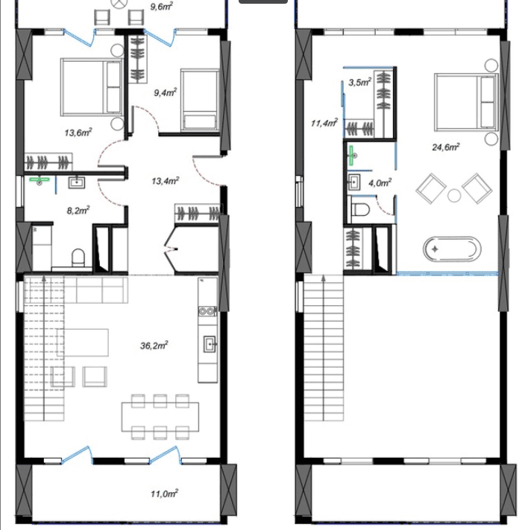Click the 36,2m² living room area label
pyautogui.click(x=154, y=345)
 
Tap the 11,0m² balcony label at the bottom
pyautogui.click(x=163, y=493)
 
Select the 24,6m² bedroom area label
pyautogui.click(x=445, y=147)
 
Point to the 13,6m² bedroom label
pyautogui.click(x=78, y=132)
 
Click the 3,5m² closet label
pyautogui.click(x=359, y=83)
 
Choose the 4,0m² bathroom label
pyautogui.click(x=381, y=182)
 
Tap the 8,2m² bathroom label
pyautogui.click(x=78, y=211)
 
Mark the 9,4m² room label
pyautogui.click(x=165, y=92)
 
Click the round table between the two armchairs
pyautogui.click(x=453, y=196)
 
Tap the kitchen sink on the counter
pyautogui.click(x=210, y=343)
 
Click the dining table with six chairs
pyautogui.click(x=161, y=416)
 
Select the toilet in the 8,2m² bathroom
pyautogui.click(x=77, y=258)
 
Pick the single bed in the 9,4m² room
pyautogui.click(x=198, y=100)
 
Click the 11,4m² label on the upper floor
pyautogui.click(x=325, y=123)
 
